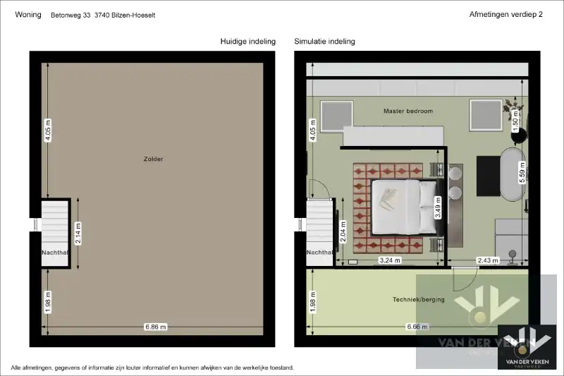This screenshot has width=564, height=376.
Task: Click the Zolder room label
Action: tap(153, 159)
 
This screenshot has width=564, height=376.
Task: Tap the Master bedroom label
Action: tap(408, 111)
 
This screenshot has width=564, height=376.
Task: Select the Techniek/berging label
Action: tap(418, 299)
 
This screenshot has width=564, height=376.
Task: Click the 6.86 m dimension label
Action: tap(155, 327)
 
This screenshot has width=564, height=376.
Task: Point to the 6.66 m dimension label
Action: tap(417, 327)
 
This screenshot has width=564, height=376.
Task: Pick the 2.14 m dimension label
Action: tap(78, 234)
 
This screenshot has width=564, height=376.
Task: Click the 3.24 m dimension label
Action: tap(390, 260)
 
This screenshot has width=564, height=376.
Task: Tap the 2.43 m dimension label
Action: tap(488, 260)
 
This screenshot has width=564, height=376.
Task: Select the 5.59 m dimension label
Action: tap(522, 172)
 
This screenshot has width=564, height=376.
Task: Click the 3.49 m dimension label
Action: tap(438, 207)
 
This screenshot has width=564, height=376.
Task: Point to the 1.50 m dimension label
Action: tap(515, 121)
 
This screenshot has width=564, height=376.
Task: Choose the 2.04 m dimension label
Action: tap(343, 232)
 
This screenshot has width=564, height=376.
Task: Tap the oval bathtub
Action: tap(513, 174)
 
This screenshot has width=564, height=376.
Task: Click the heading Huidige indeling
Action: tap(248, 42)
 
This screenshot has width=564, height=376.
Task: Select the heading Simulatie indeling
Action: tap(324, 42)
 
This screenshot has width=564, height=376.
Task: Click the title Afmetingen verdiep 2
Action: tap(505, 14)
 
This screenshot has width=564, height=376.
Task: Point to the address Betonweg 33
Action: tap(70, 15)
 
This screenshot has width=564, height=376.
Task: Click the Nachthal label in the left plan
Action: tap(55, 253)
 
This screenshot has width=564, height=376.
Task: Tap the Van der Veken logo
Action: tap(527, 347)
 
